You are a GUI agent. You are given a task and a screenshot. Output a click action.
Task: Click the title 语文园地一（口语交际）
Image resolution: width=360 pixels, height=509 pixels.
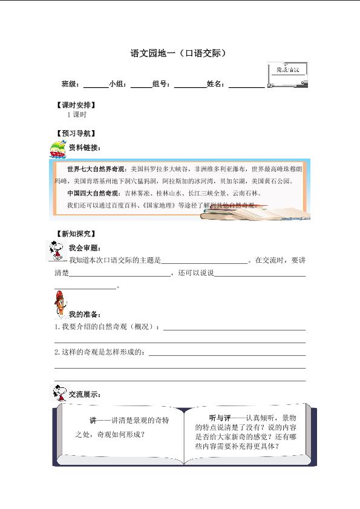[x=179, y=53]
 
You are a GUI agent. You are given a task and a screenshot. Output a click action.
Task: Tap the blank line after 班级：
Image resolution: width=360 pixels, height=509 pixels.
[x=95, y=85]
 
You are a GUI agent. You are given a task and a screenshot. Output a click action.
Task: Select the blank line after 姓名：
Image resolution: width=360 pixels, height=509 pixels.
[x=246, y=85]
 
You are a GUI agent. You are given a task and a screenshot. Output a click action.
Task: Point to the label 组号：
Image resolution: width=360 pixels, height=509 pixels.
[x=163, y=84]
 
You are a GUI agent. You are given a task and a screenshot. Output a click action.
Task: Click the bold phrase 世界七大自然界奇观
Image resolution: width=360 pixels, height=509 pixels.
[x=94, y=169]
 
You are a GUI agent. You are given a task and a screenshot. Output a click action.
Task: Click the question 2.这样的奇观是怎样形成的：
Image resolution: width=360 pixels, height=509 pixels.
[x=100, y=352]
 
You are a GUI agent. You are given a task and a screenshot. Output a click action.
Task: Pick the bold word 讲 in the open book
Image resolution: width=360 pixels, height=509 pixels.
[x=93, y=420]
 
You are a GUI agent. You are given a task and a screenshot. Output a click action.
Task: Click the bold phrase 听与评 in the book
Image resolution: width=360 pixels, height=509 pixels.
[x=220, y=418]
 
